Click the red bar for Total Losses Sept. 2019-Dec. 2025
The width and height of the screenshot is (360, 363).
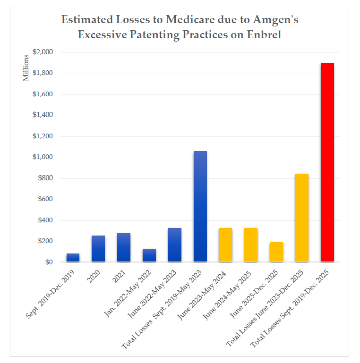click(x=327, y=162)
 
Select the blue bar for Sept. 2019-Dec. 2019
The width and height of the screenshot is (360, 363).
click(x=73, y=258)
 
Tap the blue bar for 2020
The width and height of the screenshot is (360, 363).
click(x=98, y=249)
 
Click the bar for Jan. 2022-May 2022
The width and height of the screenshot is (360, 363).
click(x=149, y=255)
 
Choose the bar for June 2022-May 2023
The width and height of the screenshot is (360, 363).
click(x=175, y=245)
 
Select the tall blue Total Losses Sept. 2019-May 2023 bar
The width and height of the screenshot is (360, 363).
click(x=200, y=206)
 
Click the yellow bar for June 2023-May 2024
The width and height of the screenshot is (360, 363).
click(x=225, y=245)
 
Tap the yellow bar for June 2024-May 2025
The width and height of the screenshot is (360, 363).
click(x=251, y=245)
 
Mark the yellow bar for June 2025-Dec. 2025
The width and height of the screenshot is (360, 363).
click(x=276, y=252)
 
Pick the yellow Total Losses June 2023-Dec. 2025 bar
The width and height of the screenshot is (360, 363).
click(x=302, y=218)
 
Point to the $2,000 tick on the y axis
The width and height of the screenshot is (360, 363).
click(x=43, y=52)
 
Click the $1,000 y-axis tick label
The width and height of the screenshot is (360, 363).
click(x=43, y=157)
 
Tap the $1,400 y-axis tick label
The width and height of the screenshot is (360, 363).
click(x=43, y=115)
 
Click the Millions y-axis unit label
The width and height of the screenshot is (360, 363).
click(x=26, y=68)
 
